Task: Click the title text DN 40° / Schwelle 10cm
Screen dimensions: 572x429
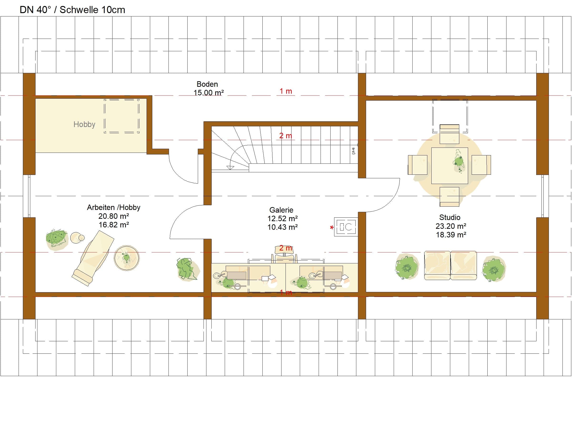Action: [x=72, y=10]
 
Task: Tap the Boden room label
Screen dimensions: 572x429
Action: [x=207, y=84]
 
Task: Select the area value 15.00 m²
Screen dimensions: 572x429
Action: [x=209, y=92]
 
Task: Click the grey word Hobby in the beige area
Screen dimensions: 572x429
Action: [x=84, y=124]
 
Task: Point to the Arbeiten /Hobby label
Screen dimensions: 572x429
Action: [x=113, y=207]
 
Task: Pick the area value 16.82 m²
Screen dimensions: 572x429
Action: [x=114, y=225]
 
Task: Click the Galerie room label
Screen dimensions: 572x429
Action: [x=281, y=210]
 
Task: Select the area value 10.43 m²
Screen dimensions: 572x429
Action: [x=282, y=227]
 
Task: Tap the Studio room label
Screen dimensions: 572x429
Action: [x=450, y=217]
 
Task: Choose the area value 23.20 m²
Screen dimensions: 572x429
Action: [x=451, y=226]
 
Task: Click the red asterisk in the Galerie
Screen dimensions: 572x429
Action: [x=332, y=228]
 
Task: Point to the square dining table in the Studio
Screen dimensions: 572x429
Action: [x=449, y=165]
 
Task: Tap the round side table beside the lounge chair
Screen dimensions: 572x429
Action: [x=127, y=258]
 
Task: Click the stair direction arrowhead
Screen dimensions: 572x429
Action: [x=230, y=168]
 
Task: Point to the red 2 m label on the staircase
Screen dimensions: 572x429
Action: [x=286, y=136]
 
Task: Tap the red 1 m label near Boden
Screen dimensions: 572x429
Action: [x=286, y=91]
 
